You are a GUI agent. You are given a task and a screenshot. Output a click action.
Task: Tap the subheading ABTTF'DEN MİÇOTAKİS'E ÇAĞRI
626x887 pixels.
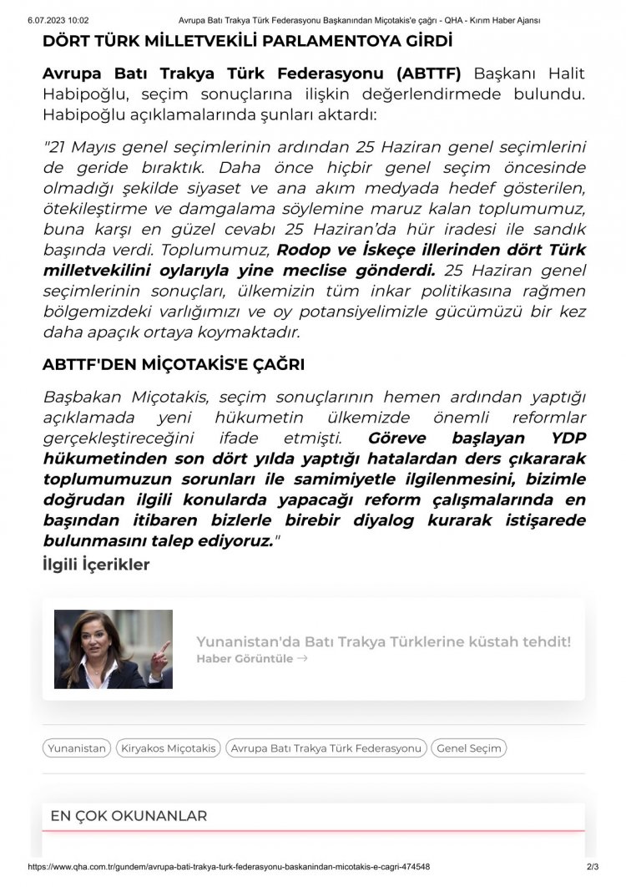tap(173, 365)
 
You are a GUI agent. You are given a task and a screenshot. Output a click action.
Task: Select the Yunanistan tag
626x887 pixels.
tap(77, 748)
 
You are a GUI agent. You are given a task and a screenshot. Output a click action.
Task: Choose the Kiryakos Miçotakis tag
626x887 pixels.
tap(168, 748)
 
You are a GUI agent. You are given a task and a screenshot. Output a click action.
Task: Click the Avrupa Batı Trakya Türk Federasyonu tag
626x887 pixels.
tap(326, 748)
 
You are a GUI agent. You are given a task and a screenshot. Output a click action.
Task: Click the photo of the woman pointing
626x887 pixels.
tap(114, 649)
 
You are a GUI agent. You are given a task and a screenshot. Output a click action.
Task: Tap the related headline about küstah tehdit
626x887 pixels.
tap(383, 641)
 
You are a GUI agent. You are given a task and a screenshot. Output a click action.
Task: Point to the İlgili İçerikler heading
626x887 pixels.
tap(96, 565)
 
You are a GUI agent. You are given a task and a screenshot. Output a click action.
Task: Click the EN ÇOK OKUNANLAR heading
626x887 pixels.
tap(129, 816)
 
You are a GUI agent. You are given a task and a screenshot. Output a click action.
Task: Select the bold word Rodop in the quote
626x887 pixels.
tap(305, 249)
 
